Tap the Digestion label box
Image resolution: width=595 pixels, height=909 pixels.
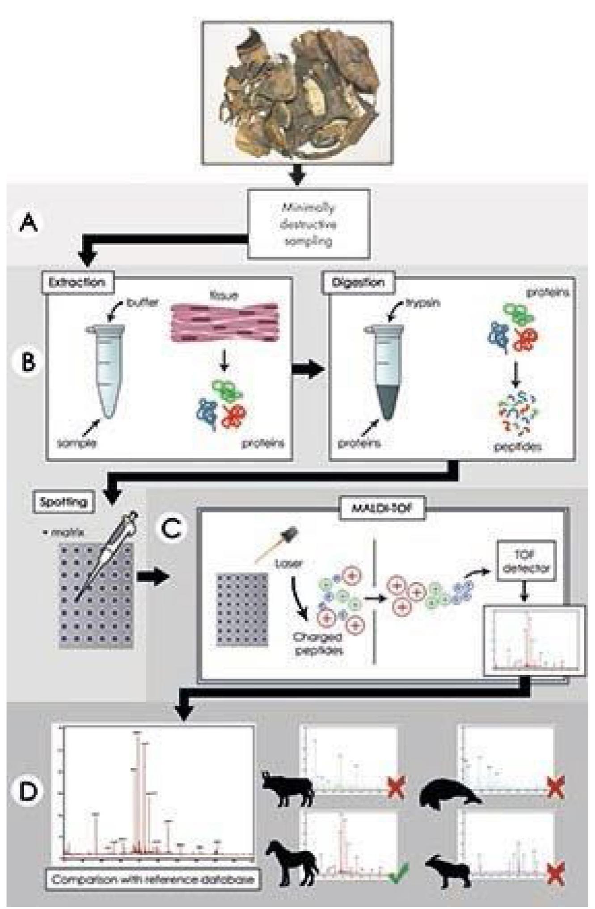click(x=359, y=282)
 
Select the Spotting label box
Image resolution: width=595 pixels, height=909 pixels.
click(x=63, y=502)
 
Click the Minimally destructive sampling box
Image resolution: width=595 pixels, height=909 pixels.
click(x=308, y=224)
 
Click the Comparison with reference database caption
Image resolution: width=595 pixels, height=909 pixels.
click(x=153, y=880)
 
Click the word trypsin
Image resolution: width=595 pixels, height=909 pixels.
click(x=422, y=303)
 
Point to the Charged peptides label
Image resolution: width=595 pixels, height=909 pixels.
click(x=318, y=644)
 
